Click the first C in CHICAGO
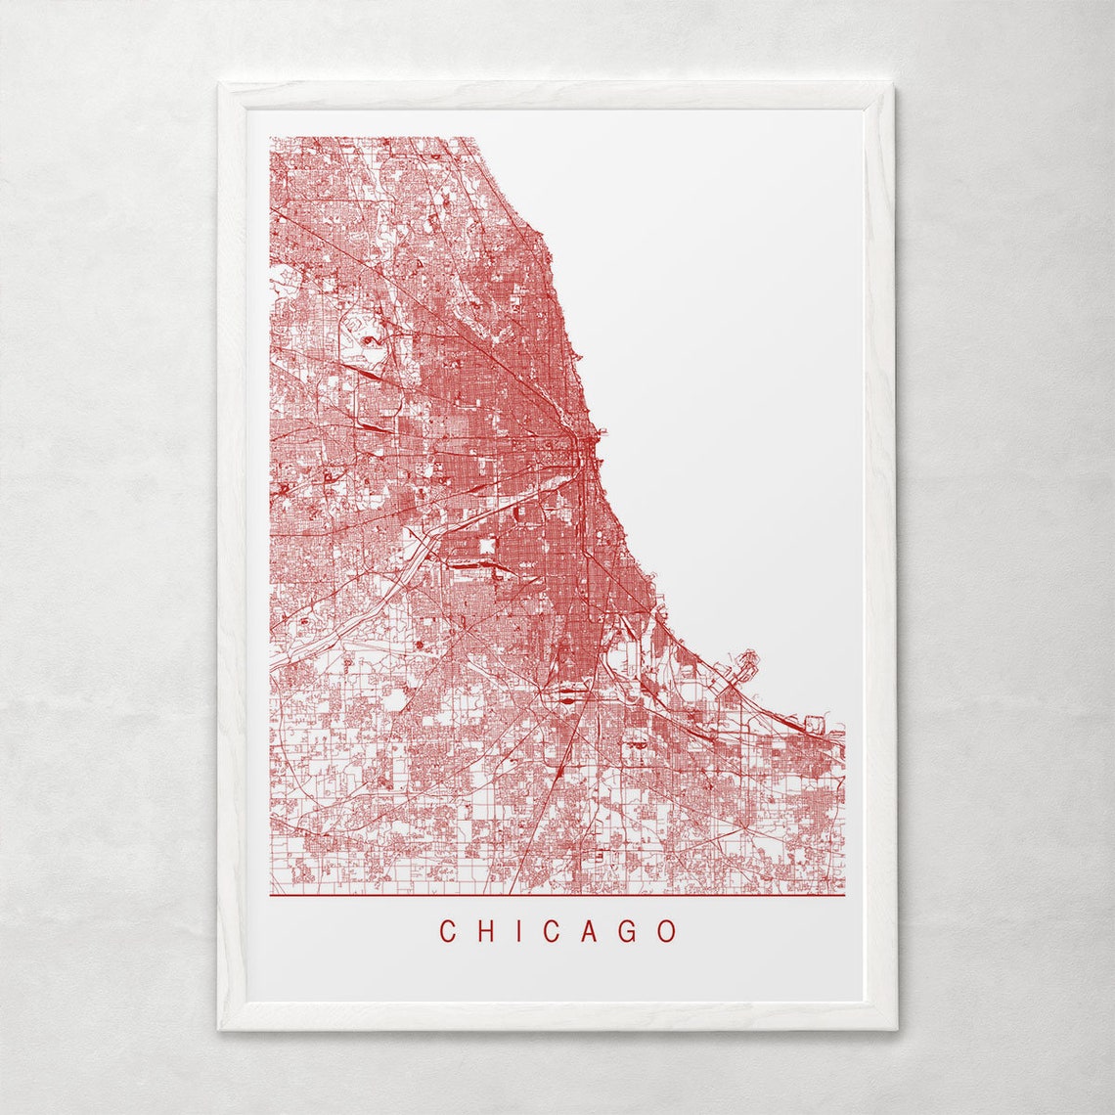(448, 931)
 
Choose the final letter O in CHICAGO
(668, 931)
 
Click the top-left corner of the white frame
(219, 84)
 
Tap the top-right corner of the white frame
(895, 84)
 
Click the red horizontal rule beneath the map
(557, 895)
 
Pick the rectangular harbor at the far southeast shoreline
(818, 725)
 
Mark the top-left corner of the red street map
(271, 138)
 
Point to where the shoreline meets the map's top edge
(475, 138)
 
